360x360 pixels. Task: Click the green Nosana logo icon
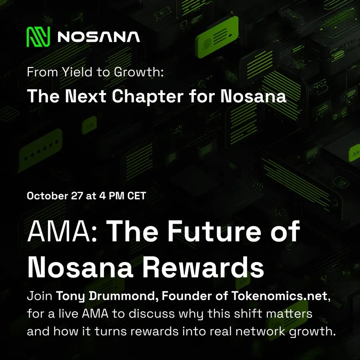point(39,37)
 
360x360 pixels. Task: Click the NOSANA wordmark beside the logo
point(99,37)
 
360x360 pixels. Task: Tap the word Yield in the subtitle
point(77,72)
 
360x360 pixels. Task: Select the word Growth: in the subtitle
point(139,72)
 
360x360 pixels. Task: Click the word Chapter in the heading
point(148,96)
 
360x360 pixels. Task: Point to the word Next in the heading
point(86,96)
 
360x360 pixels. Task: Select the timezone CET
point(137,196)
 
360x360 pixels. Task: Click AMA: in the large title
point(62,231)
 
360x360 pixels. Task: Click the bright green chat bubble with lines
point(217,37)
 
